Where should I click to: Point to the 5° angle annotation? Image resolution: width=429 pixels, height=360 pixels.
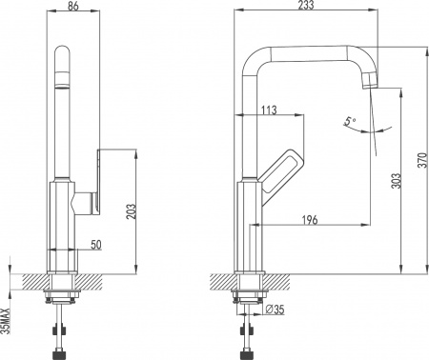(x=349, y=121)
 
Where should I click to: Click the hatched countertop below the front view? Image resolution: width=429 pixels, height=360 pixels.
(x=95, y=281)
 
